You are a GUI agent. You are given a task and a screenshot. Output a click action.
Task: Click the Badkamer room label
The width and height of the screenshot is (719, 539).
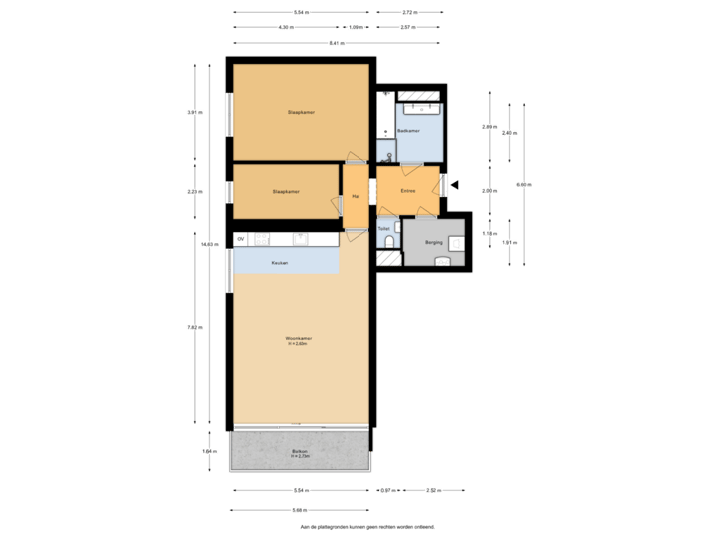pos(407,131)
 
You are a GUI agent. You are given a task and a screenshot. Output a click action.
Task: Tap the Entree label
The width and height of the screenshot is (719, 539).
pos(407,190)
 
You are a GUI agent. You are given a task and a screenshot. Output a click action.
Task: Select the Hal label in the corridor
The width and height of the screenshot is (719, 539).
pos(356,196)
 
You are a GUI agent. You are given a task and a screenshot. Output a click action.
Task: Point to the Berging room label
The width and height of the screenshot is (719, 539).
pos(433,242)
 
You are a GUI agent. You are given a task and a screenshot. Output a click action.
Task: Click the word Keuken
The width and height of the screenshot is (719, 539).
pos(280,262)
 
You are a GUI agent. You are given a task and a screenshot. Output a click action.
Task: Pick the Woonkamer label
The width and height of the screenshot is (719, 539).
pos(299,340)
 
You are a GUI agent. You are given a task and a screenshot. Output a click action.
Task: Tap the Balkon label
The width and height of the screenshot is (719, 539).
pos(300,452)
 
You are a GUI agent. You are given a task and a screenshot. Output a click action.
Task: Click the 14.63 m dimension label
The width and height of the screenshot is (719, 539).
pos(208,243)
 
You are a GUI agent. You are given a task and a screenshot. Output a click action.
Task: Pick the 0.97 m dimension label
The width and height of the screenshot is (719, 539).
pos(385,491)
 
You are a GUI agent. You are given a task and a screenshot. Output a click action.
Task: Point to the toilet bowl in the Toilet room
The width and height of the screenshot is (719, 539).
pos(388,256)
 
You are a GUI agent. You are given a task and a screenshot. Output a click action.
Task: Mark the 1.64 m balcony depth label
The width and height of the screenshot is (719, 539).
pos(208,451)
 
